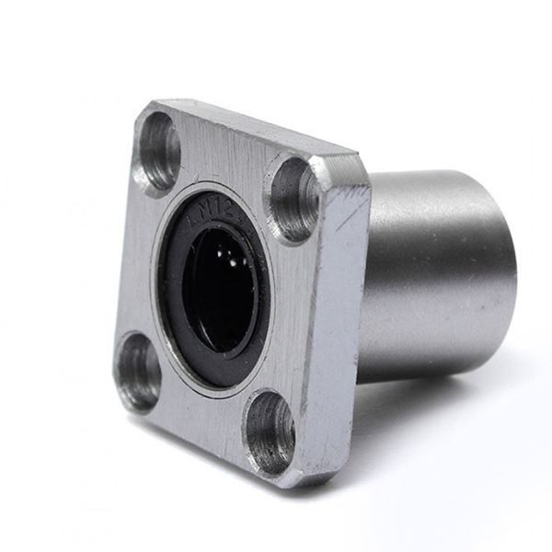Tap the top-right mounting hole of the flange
pyautogui.click(x=294, y=198)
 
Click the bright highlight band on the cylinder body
pyautogui.click(x=432, y=221)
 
